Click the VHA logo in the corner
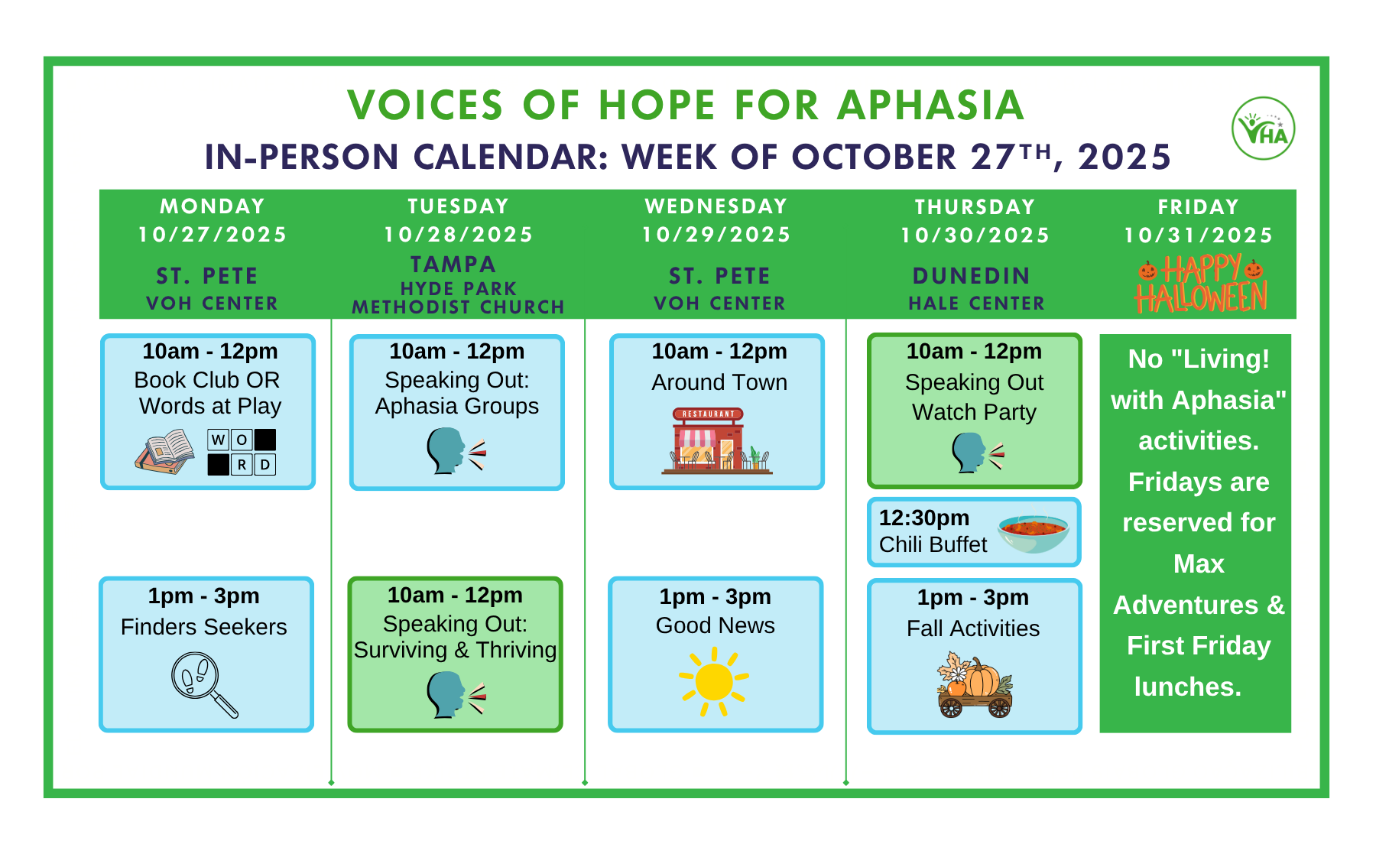coord(1263,128)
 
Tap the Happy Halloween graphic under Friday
coord(1201,284)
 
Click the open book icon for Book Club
coord(164,452)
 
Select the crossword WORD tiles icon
coord(242,452)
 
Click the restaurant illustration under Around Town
coord(717,441)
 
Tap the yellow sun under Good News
coord(714,682)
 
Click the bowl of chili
coord(1033,532)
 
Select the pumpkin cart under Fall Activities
coord(975,685)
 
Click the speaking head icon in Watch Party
coord(978,453)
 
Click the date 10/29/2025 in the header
coord(716,235)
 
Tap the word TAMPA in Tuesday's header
coord(453,265)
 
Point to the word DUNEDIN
coord(972,276)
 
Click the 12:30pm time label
coord(924,518)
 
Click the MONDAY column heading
coord(213,206)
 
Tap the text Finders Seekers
coord(204,627)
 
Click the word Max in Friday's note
coord(1199,564)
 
